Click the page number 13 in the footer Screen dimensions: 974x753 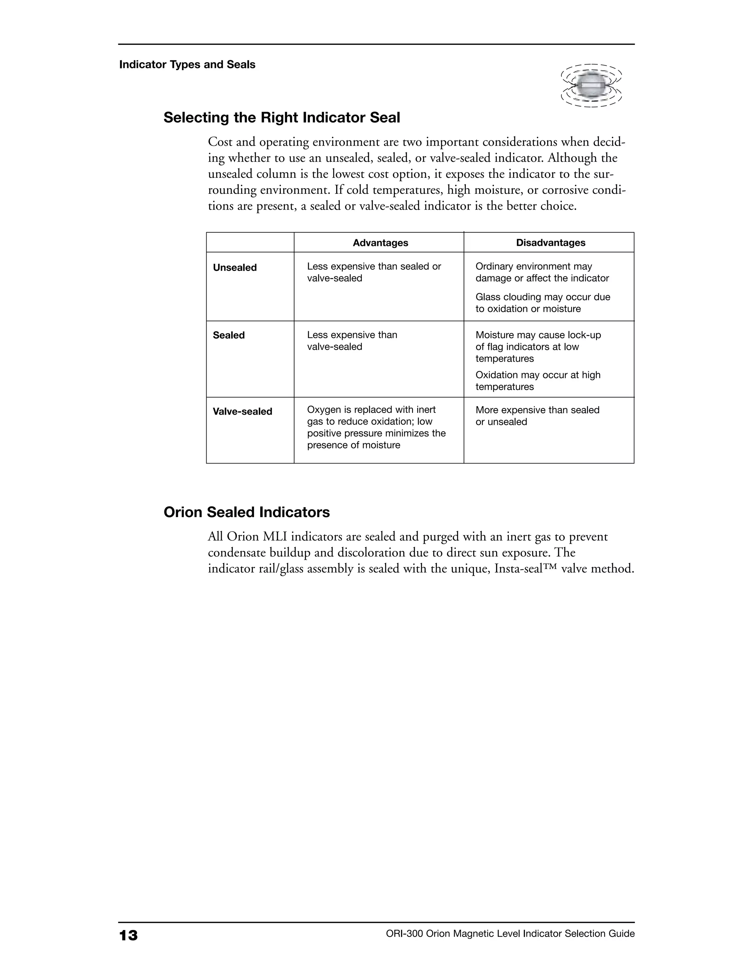click(x=128, y=935)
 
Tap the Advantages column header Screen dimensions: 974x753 click(x=380, y=243)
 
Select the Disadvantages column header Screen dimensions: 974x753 click(x=550, y=243)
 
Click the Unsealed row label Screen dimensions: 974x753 click(x=235, y=268)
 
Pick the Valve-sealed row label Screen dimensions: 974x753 click(x=242, y=412)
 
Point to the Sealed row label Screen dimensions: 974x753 click(x=228, y=335)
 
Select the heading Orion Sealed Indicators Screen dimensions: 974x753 click(x=247, y=512)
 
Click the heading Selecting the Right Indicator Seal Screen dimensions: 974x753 click(x=282, y=118)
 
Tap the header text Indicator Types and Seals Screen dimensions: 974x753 click(x=187, y=65)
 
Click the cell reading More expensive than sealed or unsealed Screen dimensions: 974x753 click(x=537, y=416)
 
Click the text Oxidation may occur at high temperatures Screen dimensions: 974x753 click(x=538, y=381)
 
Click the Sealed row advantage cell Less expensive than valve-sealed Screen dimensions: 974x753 click(x=351, y=341)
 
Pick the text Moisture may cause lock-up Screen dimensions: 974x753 click(x=538, y=335)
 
